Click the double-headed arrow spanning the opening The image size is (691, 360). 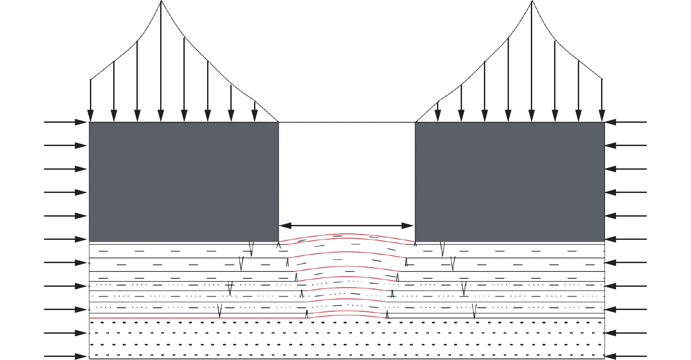347,226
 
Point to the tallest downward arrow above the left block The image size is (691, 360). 161,61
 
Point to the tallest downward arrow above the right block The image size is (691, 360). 532,61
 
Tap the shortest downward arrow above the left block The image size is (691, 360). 254,112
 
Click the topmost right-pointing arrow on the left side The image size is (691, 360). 66,122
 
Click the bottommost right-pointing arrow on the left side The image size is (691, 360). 66,356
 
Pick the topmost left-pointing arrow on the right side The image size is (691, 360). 626,122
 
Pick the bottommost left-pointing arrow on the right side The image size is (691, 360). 626,356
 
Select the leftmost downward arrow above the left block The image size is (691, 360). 90,101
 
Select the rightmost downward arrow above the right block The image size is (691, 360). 602,101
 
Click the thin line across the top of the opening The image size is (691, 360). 347,122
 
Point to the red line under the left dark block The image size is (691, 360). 184,242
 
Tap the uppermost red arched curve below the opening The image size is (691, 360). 347,235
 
